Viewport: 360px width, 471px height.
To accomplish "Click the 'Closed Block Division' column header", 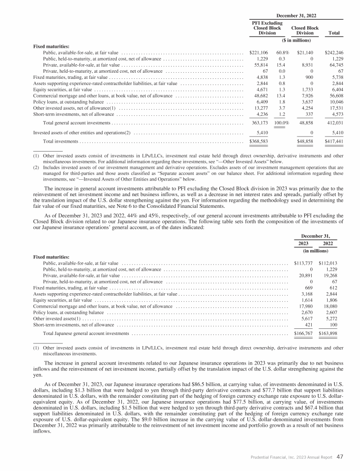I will coord(305,30).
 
